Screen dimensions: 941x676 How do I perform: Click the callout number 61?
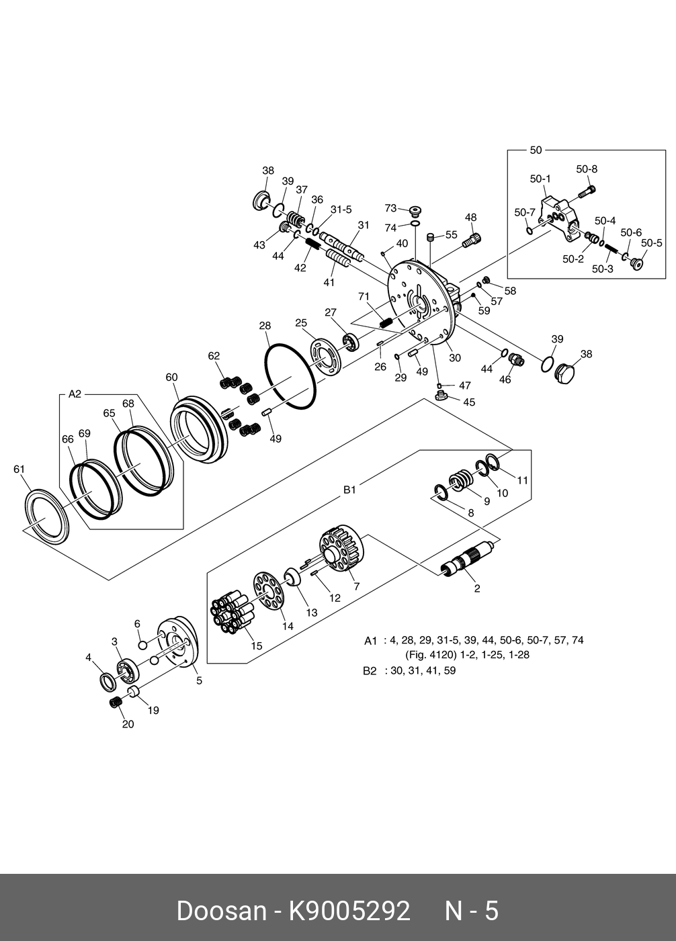point(19,469)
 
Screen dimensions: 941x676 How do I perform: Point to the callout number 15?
point(257,646)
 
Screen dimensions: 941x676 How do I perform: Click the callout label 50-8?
point(587,169)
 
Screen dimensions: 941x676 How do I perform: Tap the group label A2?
point(75,394)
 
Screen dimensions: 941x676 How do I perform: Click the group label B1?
point(349,490)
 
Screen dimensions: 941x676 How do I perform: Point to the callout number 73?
point(391,208)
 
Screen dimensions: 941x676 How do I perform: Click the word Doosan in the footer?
point(221,911)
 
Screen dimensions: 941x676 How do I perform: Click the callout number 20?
point(128,724)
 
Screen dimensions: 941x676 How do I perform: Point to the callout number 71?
point(364,296)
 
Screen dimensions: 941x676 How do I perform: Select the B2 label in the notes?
point(370,670)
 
